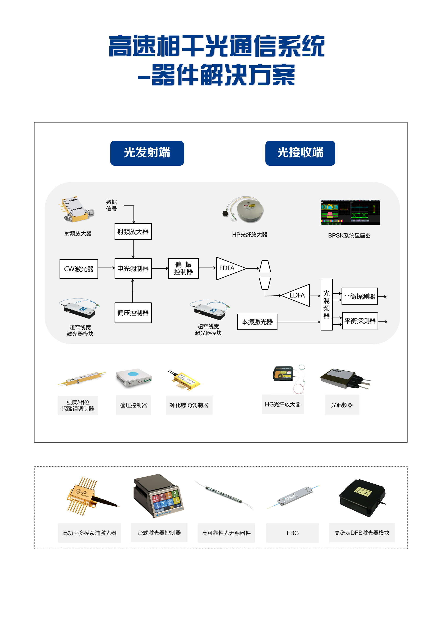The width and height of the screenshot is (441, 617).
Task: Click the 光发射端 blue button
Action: (x=147, y=153)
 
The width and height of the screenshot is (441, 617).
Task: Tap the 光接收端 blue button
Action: (x=300, y=153)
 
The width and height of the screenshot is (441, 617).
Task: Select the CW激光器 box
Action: (x=79, y=269)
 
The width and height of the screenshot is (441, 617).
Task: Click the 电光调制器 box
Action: (x=133, y=268)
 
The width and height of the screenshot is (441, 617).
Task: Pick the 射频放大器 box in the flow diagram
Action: (x=133, y=231)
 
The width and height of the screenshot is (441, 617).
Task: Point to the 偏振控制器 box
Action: (x=183, y=268)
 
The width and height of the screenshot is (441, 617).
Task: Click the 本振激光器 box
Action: (x=257, y=322)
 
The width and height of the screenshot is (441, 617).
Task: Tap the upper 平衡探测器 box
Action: (x=359, y=296)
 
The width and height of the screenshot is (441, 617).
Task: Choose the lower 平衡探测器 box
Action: (x=360, y=321)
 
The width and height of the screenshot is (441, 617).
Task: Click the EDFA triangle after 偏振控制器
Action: (x=229, y=268)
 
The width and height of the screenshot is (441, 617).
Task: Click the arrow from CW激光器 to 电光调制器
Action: (x=106, y=268)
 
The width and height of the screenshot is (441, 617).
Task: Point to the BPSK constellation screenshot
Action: (x=350, y=212)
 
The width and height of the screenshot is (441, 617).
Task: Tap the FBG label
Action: (x=293, y=533)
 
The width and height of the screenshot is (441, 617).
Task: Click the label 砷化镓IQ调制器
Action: (x=189, y=405)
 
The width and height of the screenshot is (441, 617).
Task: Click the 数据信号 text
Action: (x=111, y=205)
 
